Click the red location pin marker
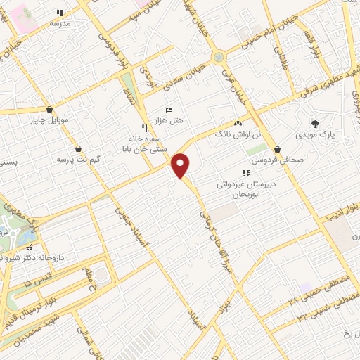click(181, 166)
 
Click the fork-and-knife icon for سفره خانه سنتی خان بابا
click(144, 128)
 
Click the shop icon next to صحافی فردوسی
click(279, 149)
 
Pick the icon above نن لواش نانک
click(238, 123)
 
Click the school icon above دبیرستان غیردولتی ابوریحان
click(245, 173)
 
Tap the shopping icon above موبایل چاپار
click(49, 110)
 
